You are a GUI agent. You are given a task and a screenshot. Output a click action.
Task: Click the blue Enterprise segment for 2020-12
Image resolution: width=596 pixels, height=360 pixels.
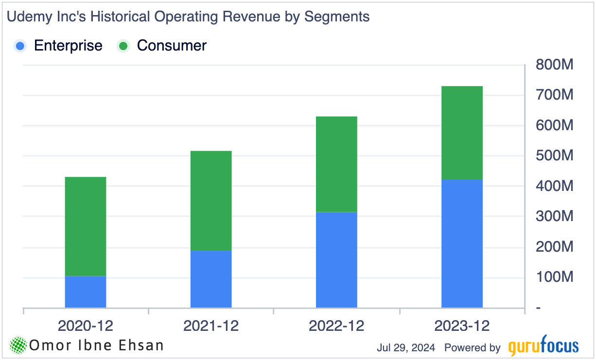(x=86, y=291)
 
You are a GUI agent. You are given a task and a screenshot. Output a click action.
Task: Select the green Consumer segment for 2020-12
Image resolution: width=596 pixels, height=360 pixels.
(x=86, y=226)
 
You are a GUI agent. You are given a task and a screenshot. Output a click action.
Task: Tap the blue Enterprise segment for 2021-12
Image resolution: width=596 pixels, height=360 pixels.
(x=211, y=279)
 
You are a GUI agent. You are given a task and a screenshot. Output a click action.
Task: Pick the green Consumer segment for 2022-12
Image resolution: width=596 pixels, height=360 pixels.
(x=336, y=164)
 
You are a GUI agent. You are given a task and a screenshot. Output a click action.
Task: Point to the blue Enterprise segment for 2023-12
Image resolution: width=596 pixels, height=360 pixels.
(x=462, y=243)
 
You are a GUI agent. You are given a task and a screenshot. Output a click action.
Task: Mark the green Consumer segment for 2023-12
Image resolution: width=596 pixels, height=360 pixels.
(x=462, y=133)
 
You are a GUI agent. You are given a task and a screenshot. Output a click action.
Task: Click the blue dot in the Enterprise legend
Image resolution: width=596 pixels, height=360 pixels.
(x=20, y=46)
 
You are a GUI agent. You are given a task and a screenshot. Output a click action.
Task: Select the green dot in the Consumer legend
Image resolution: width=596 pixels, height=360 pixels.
(x=123, y=46)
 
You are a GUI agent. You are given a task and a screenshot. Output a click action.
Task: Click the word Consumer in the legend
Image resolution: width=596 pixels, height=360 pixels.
(x=172, y=46)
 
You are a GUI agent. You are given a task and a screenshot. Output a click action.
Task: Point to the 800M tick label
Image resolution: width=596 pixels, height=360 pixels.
(x=555, y=65)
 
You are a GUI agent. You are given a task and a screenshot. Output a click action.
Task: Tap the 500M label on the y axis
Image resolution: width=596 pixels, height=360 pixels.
(x=555, y=156)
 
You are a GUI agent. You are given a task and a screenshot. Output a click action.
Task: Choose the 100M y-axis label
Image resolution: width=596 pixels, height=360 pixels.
(x=555, y=277)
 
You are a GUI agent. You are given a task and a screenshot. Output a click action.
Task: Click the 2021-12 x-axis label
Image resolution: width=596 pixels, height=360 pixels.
(x=211, y=326)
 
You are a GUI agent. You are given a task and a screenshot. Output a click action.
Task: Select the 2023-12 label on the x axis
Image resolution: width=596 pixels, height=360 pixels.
(x=462, y=326)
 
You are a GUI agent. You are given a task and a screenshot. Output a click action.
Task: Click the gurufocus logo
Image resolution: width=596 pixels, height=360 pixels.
(x=543, y=347)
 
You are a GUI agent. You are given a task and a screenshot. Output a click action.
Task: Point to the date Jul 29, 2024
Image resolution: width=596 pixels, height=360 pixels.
(x=407, y=348)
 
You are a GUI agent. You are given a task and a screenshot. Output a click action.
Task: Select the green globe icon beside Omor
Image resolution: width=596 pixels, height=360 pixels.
(x=18, y=345)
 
